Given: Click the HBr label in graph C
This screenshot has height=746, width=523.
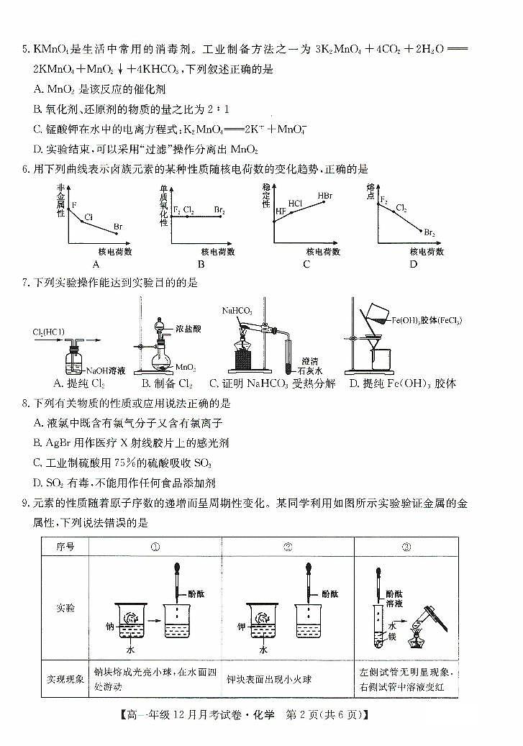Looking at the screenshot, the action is pos(325,196).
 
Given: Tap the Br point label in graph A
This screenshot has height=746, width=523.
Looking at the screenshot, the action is pos(118,227).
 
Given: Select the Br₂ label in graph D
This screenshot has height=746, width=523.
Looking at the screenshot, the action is pos(429,232).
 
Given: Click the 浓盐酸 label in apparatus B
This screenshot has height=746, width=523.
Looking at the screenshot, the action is pos(188,328).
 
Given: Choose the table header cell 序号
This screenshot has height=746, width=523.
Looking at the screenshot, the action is pos(65,546).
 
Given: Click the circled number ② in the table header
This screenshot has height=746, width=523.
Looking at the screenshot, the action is pos(288,546).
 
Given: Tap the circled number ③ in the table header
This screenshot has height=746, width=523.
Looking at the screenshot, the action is pos(406,546).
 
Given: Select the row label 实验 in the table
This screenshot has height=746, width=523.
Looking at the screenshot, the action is pos(65,608).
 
